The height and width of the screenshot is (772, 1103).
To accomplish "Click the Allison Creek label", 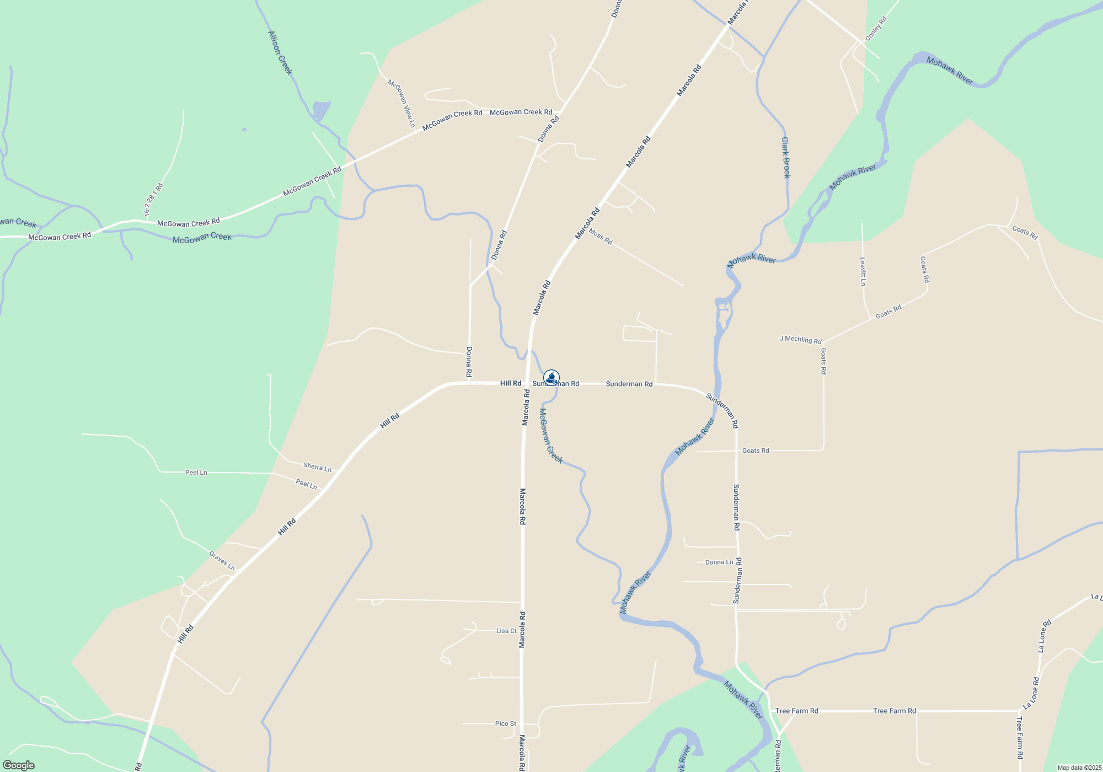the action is click(280, 53).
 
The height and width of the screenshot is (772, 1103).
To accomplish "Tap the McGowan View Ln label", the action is click(401, 103).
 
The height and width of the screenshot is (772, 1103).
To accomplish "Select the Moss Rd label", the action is click(600, 237).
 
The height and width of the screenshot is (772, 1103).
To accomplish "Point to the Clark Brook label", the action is click(786, 158).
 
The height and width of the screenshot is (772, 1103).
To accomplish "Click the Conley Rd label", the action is click(876, 29).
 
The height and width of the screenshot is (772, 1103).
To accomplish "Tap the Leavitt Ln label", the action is click(863, 271).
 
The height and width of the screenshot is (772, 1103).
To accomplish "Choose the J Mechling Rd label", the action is click(800, 340).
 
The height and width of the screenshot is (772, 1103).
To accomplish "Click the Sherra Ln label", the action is click(317, 467).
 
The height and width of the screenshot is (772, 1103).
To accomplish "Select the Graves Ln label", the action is click(222, 561).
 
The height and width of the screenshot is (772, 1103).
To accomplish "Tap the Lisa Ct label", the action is click(506, 631).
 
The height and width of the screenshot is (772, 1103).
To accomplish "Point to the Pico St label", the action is click(506, 723).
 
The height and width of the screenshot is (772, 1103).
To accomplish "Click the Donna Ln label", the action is click(719, 562).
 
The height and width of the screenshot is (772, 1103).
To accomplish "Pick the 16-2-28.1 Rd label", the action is click(154, 200).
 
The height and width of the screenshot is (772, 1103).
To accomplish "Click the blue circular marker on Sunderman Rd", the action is click(551, 378).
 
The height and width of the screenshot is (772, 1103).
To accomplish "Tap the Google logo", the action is click(19, 765).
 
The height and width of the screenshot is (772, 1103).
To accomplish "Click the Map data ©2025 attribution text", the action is click(1079, 768).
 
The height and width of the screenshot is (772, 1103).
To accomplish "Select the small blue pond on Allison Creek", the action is click(321, 110).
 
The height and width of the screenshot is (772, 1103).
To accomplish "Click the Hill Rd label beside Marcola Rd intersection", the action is click(511, 383).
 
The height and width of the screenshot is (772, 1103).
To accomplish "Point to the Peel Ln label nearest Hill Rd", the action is click(307, 484).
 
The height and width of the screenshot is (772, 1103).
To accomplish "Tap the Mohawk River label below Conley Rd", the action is click(950, 71).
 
